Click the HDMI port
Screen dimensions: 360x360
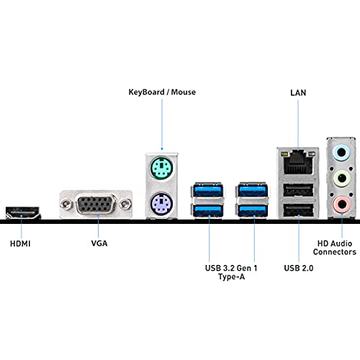click(x=23, y=213)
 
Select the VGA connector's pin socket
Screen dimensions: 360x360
click(x=96, y=204)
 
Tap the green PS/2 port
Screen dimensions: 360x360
click(x=161, y=167)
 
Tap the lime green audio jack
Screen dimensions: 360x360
click(x=342, y=179)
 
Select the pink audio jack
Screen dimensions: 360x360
click(x=342, y=204)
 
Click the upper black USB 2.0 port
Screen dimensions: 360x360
click(x=298, y=191)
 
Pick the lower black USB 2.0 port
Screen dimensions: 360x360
click(x=298, y=210)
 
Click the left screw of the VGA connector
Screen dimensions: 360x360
click(x=66, y=204)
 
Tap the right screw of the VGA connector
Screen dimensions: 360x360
click(x=125, y=204)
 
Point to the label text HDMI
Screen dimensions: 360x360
click(x=20, y=244)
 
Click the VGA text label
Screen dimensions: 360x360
click(x=99, y=243)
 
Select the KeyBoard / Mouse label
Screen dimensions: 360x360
click(x=162, y=92)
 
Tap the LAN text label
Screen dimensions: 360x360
click(x=298, y=93)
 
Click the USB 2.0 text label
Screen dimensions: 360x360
click(x=299, y=268)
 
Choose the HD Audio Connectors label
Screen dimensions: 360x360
click(x=335, y=248)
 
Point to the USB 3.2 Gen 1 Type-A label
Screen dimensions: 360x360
click(x=231, y=272)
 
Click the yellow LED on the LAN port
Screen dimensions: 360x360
click(x=284, y=153)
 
